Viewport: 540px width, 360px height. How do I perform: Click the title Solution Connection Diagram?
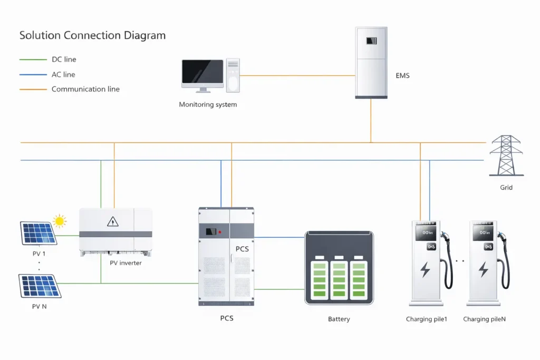point(92,36)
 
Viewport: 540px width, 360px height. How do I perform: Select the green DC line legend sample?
point(33,60)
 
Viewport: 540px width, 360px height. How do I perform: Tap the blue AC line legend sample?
point(33,75)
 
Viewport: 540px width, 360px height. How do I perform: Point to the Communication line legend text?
point(85,90)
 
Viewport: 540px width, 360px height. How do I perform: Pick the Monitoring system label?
point(208,105)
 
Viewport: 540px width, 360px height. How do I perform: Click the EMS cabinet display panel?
point(372,41)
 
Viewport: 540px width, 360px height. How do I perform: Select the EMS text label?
point(402,76)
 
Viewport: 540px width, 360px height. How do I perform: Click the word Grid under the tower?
point(506,188)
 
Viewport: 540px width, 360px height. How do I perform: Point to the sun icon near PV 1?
point(60,221)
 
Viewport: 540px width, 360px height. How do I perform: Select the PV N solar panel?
point(40,286)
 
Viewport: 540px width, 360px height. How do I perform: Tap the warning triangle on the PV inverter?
point(113,222)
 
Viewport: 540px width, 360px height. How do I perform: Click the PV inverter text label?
point(126,263)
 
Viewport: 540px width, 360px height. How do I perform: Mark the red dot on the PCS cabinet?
point(219,231)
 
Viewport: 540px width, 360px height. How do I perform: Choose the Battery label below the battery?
point(339,319)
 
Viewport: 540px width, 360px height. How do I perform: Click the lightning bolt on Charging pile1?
point(425,270)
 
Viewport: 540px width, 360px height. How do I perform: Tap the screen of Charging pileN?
point(483,233)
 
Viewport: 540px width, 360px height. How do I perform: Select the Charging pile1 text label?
point(426,319)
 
